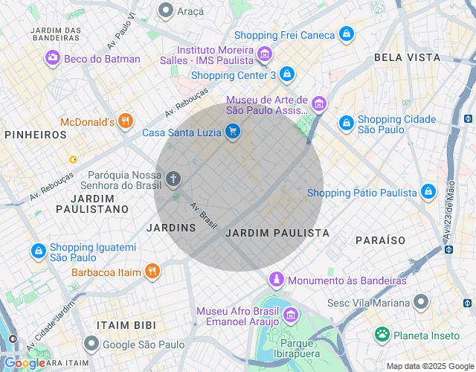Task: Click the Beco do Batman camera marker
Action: [52, 58]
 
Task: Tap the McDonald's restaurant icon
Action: [126, 121]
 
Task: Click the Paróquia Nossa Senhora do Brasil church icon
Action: [173, 179]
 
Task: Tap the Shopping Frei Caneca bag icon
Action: [346, 34]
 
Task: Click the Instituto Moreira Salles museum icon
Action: [264, 54]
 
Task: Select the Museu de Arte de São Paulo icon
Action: [319, 104]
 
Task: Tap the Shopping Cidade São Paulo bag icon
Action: [346, 123]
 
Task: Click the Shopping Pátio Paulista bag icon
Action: [428, 192]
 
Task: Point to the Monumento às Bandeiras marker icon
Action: [276, 280]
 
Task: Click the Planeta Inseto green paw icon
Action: [382, 334]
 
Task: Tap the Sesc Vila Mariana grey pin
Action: [422, 302]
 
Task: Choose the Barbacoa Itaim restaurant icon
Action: [152, 272]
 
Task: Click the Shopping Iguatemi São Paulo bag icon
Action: [38, 251]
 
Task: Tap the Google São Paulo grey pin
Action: [91, 344]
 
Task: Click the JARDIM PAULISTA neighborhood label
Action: [277, 233]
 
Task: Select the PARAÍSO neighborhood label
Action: [380, 240]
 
